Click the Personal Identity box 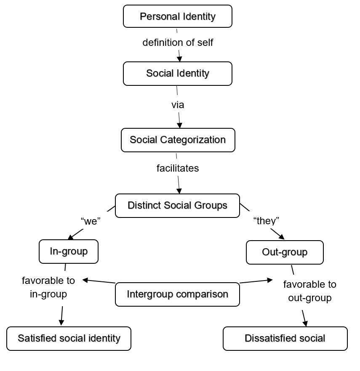(177, 16)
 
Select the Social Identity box (177, 73)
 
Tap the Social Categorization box (178, 140)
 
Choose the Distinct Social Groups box (177, 205)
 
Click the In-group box (69, 252)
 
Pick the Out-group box (285, 252)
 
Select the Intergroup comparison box (177, 294)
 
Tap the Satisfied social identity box (69, 338)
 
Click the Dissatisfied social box (285, 338)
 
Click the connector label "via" (178, 105)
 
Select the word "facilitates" (178, 168)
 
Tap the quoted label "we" (89, 222)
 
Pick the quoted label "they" (266, 221)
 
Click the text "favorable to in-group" (48, 287)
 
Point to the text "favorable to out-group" (310, 291)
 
